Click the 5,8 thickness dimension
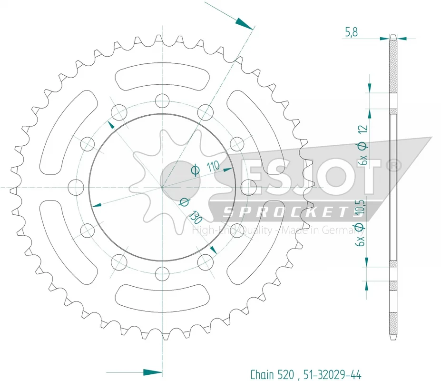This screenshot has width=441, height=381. tap(351, 32)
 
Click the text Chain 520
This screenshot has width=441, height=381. tap(272, 374)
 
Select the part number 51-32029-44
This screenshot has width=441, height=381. tap(333, 374)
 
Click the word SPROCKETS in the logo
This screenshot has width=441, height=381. tap(288, 212)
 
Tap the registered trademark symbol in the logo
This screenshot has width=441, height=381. tap(394, 166)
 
